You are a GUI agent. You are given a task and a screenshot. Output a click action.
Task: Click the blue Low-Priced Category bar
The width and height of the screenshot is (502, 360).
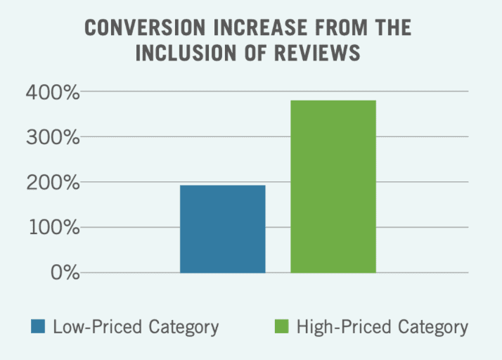pyautogui.click(x=222, y=229)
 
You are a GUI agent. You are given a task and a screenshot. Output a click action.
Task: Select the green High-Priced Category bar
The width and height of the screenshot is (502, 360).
pyautogui.click(x=333, y=186)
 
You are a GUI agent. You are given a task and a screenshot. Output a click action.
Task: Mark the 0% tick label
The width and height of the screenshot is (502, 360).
pyautogui.click(x=62, y=273)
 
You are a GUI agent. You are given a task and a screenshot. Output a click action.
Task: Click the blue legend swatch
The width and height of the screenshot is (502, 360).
pyautogui.click(x=38, y=327)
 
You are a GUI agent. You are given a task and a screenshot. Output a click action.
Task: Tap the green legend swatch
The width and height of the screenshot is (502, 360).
pyautogui.click(x=281, y=327)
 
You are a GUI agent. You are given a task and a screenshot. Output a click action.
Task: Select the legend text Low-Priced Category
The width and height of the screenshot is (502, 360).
pyautogui.click(x=136, y=328)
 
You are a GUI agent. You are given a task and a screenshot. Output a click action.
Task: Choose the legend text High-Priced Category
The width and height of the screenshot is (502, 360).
pyautogui.click(x=382, y=328)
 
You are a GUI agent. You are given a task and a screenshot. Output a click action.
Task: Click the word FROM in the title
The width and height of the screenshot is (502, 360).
pyautogui.click(x=336, y=28)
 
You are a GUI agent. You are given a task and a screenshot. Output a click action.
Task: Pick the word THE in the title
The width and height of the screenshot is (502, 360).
pyautogui.click(x=394, y=28)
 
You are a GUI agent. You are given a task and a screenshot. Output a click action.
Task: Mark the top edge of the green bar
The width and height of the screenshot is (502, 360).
pyautogui.click(x=333, y=101)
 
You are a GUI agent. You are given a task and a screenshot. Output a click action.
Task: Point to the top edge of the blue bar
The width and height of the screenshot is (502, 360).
pyautogui.click(x=222, y=186)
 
